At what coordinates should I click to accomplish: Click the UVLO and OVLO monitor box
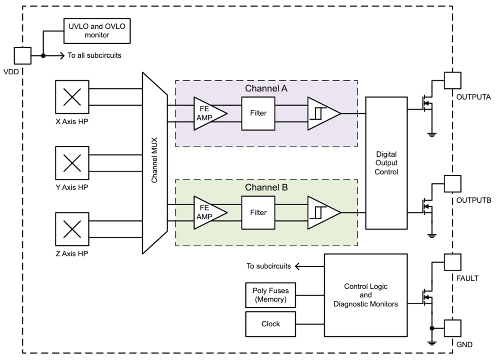point(97,31)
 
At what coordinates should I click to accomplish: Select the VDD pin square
point(23,56)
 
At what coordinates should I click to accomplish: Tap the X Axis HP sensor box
point(72,97)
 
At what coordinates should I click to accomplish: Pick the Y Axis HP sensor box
point(72,163)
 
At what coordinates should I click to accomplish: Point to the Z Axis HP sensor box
point(72,229)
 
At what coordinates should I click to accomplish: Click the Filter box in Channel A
point(258,113)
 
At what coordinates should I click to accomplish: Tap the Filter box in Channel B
point(258,212)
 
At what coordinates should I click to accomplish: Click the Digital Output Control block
point(386,163)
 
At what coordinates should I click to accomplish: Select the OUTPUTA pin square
point(453,80)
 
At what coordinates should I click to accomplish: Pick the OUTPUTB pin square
point(453,183)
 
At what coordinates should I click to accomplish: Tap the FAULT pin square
point(453,262)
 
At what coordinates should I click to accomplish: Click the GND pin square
point(453,328)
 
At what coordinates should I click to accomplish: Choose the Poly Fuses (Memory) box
point(271,295)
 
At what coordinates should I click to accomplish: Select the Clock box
point(271,324)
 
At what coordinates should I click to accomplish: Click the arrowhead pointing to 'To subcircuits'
point(298,266)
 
